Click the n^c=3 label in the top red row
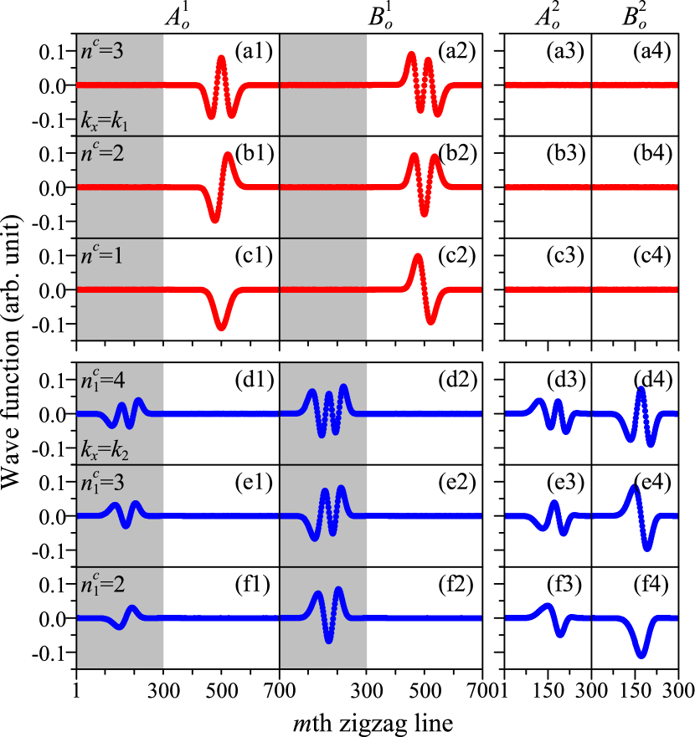pyautogui.click(x=102, y=51)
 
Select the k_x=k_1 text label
pyautogui.click(x=105, y=124)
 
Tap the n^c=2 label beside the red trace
pyautogui.click(x=102, y=153)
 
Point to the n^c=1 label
pyautogui.click(x=102, y=255)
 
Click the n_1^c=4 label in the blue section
pyautogui.click(x=102, y=380)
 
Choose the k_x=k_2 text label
pyautogui.click(x=105, y=453)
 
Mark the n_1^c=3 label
pyautogui.click(x=102, y=482)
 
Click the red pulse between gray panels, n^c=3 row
pyautogui.click(x=221, y=85)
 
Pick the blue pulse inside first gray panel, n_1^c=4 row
pyautogui.click(x=126, y=412)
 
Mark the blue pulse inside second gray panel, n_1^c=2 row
pyautogui.click(x=327, y=617)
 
